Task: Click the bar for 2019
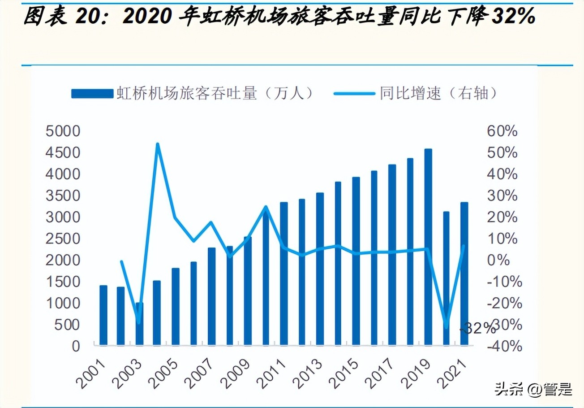pos(428,247)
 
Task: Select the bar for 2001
pos(103,315)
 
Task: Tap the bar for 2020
pos(446,278)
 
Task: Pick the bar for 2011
pos(284,273)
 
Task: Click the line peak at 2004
pos(157,144)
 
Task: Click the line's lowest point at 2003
pos(139,322)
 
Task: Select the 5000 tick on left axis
pos(63,131)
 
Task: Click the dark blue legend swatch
pos(92,93)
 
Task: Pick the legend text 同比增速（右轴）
pos(439,93)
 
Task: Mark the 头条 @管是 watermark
pos(533,389)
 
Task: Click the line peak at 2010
pos(266,207)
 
